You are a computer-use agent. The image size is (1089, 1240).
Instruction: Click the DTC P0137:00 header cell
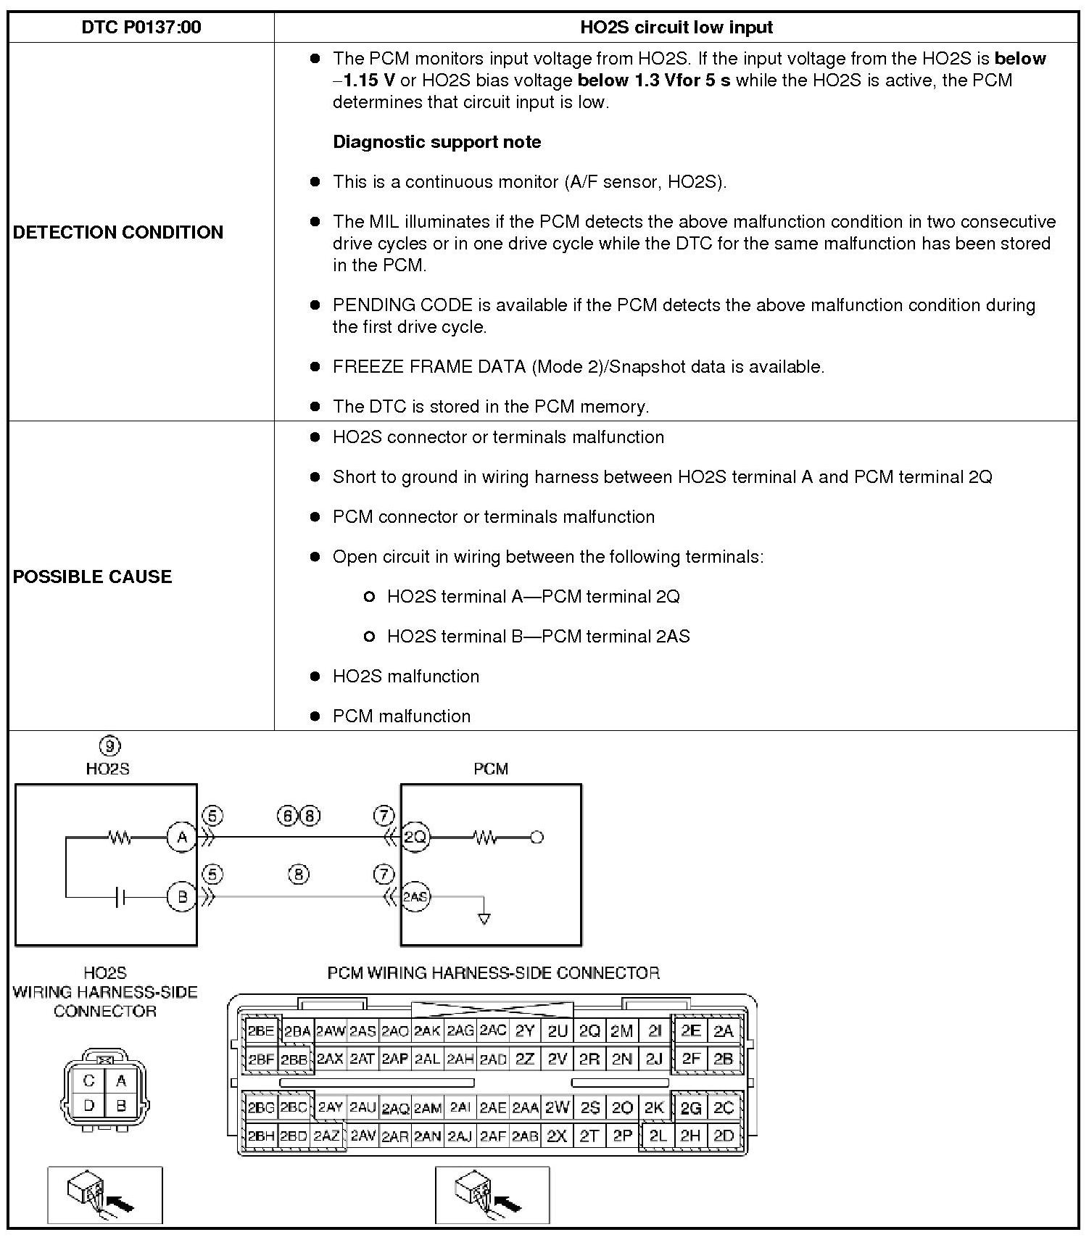tap(141, 28)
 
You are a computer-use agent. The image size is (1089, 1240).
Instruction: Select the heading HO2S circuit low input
tap(676, 28)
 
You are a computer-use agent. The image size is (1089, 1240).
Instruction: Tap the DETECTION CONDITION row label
tap(118, 232)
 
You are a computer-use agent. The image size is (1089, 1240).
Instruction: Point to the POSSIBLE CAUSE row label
tap(93, 576)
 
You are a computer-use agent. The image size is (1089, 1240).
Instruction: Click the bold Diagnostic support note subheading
tap(436, 141)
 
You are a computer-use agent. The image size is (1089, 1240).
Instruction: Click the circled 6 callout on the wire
tap(287, 816)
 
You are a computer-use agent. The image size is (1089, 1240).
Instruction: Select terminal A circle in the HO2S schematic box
tap(182, 838)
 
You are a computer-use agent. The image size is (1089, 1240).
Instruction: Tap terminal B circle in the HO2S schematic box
tap(182, 897)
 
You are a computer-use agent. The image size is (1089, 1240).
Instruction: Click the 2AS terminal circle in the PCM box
tap(415, 897)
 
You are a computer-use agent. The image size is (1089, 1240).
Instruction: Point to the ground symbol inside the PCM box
tap(484, 918)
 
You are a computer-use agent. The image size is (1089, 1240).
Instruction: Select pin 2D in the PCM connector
tap(724, 1136)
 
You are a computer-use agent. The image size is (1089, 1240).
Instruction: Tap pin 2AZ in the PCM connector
tap(327, 1136)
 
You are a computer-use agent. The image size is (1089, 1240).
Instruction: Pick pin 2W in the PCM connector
tap(558, 1107)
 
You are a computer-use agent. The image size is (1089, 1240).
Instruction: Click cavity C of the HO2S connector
tap(89, 1080)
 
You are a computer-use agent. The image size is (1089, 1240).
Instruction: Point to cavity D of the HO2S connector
tap(89, 1106)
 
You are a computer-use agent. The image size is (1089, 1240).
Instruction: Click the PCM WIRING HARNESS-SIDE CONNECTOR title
tap(493, 972)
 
